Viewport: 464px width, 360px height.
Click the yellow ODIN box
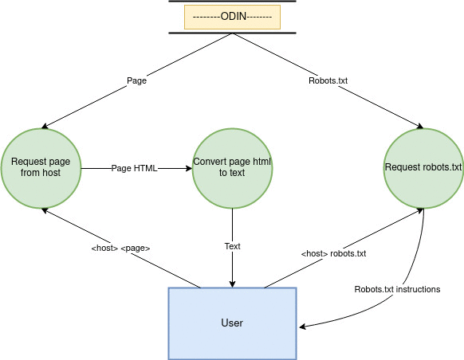point(232,17)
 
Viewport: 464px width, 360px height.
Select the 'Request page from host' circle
point(41,169)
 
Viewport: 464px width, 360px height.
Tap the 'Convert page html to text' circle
point(232,169)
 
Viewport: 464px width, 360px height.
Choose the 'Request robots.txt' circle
point(423,169)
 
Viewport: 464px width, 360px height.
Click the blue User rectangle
point(232,323)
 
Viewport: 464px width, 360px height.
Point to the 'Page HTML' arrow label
point(135,168)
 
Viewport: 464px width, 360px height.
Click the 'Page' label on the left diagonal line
point(136,80)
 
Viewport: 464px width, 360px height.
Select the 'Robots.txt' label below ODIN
point(328,80)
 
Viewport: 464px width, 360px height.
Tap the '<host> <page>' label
point(120,248)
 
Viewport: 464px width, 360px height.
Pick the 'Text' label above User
point(232,246)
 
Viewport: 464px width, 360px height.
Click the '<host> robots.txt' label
point(333,253)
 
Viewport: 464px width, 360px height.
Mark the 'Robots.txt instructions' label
point(397,289)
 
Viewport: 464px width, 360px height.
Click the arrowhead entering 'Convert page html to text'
point(189,169)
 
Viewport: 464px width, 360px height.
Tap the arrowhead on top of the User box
point(232,284)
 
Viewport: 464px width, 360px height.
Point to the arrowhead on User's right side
point(302,327)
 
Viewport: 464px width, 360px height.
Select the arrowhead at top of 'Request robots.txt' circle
point(420,126)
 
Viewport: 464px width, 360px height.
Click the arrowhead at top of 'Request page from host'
point(45,126)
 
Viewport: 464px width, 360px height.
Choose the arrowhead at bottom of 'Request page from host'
point(45,210)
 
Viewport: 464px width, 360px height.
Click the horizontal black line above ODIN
point(232,1)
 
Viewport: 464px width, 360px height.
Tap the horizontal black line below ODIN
point(232,33)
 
